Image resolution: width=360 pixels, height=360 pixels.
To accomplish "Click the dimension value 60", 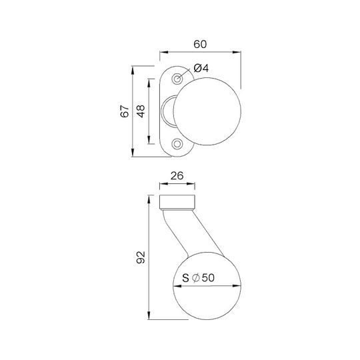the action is [x=200, y=44].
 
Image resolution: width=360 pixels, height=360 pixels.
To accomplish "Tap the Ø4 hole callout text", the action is [x=201, y=68].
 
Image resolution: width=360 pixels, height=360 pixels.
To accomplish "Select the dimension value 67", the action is [x=125, y=111].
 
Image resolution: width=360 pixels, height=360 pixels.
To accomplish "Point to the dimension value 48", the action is [x=141, y=111].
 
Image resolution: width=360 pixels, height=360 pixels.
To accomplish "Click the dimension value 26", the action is [x=177, y=176].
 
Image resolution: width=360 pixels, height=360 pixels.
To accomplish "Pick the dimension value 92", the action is [x=141, y=257].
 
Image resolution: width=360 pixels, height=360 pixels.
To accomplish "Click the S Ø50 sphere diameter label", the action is [x=199, y=278].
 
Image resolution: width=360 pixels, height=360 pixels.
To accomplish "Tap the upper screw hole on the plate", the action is [x=177, y=79].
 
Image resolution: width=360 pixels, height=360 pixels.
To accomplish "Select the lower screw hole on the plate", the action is [x=177, y=144].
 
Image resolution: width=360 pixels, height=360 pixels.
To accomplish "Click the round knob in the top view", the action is [x=207, y=111].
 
